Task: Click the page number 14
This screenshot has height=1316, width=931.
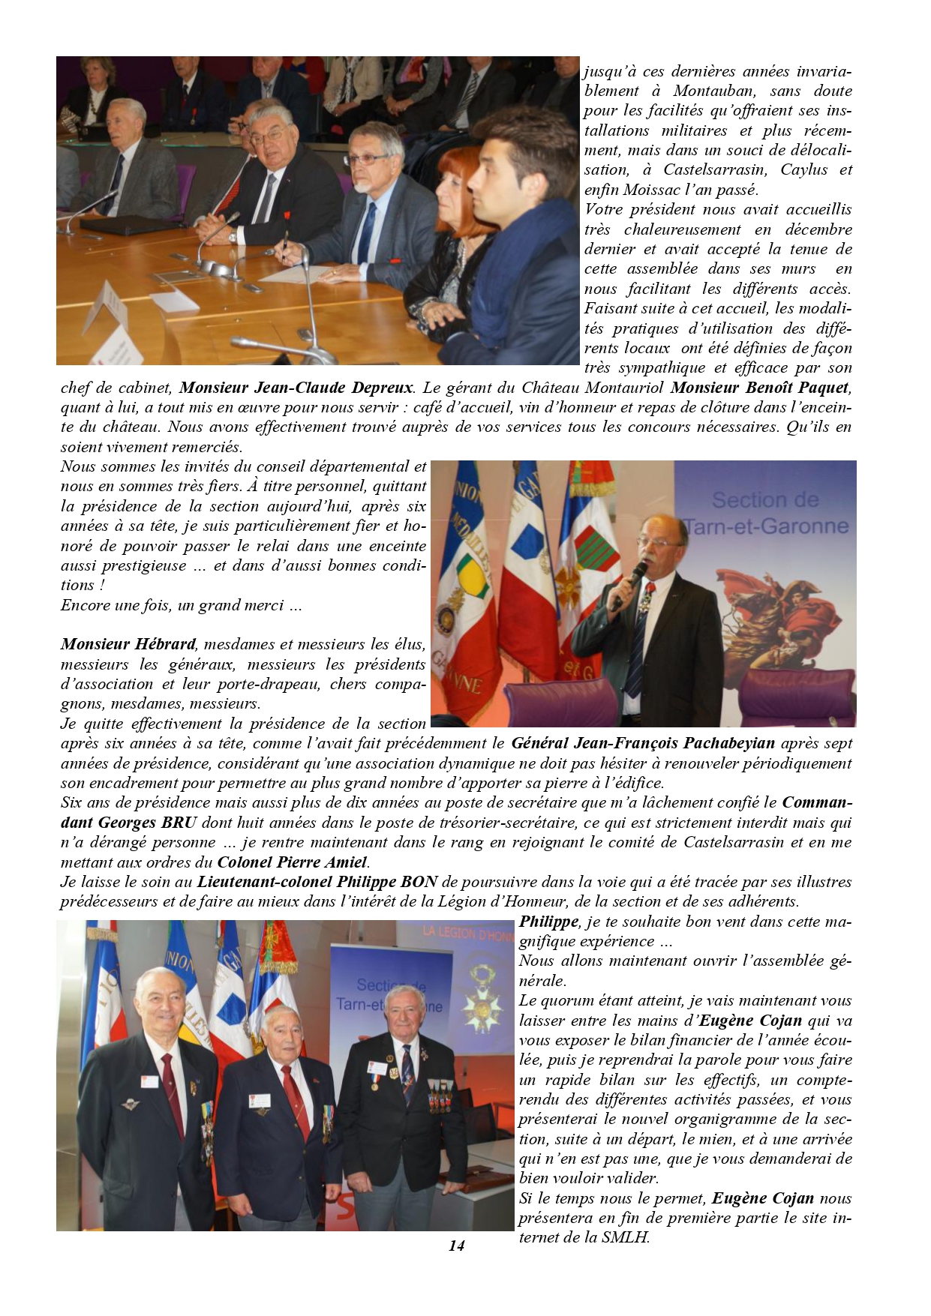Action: [456, 1246]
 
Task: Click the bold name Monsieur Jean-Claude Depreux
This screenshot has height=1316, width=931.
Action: [296, 388]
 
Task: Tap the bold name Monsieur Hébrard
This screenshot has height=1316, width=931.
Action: [128, 644]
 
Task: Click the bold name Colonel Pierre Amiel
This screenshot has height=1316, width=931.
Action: [293, 862]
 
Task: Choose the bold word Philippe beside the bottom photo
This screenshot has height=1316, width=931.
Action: [548, 922]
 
